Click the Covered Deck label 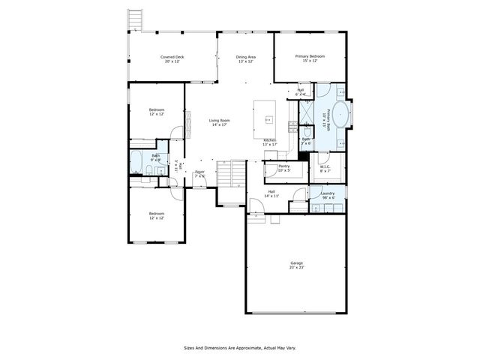pyautogui.click(x=172, y=57)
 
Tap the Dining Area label pyautogui.click(x=246, y=57)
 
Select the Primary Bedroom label pyautogui.click(x=310, y=57)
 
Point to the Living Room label pyautogui.click(x=220, y=120)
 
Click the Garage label pyautogui.click(x=297, y=262)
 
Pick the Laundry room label pyautogui.click(x=327, y=193)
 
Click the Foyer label pyautogui.click(x=200, y=172)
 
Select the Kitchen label pyautogui.click(x=270, y=140)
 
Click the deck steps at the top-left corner pyautogui.click(x=136, y=19)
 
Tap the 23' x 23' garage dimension pyautogui.click(x=297, y=267)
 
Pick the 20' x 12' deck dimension pyautogui.click(x=172, y=61)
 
